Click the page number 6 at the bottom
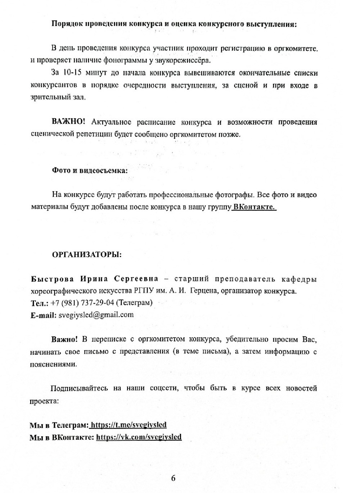tap(173, 478)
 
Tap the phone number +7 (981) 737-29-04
tap(84, 303)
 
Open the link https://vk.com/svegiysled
tap(139, 437)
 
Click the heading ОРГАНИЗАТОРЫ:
tap(87, 255)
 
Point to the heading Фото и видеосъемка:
tap(90, 170)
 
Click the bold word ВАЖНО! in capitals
tap(68, 122)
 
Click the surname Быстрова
tap(53, 279)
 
